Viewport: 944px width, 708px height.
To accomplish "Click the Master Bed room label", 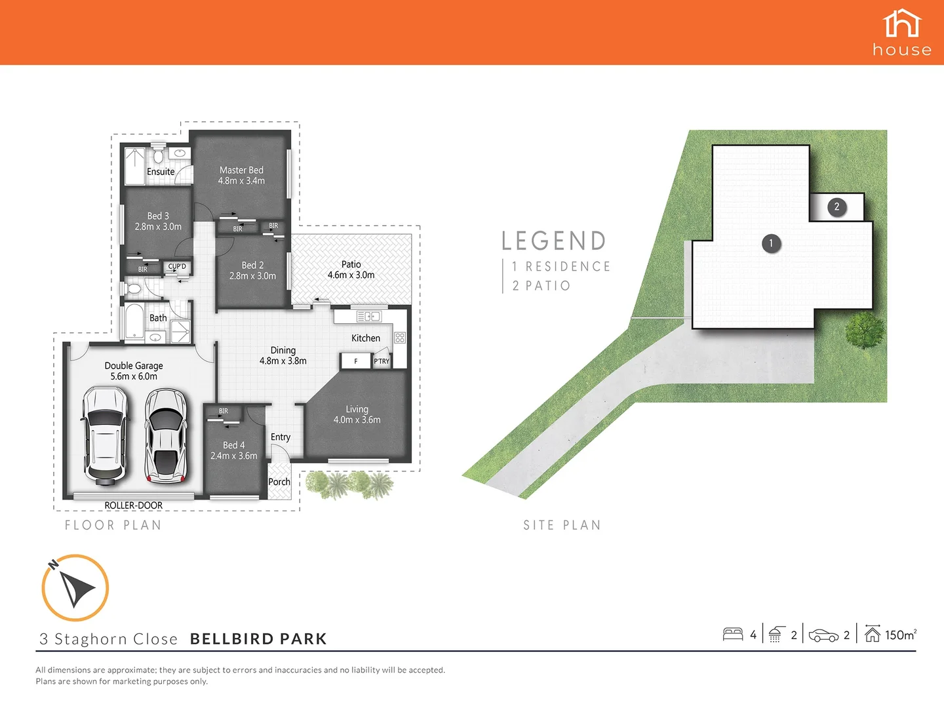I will tap(241, 170).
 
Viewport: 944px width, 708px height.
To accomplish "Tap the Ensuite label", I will tap(161, 172).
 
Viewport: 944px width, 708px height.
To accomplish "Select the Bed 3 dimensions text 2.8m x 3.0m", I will tap(158, 227).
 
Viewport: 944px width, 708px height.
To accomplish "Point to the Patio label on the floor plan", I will tap(351, 264).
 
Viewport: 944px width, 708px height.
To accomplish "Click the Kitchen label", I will tap(365, 338).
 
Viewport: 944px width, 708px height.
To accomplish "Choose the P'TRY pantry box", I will tap(382, 361).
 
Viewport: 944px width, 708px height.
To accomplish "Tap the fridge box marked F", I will tap(356, 361).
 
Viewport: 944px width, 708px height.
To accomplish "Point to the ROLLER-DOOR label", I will tap(134, 505).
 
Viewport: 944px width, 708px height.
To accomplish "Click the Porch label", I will tap(279, 482).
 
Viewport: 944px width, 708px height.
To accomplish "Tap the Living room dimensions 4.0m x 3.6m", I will tap(357, 420).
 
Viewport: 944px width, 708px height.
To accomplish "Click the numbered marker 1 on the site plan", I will tap(771, 243).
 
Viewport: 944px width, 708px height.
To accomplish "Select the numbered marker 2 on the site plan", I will tap(836, 206).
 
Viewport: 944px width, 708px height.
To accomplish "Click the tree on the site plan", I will tap(865, 330).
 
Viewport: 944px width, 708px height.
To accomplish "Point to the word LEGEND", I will tap(554, 241).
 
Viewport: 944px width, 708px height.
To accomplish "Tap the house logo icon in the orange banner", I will tap(902, 24).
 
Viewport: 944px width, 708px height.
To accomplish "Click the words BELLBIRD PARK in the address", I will tap(258, 639).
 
